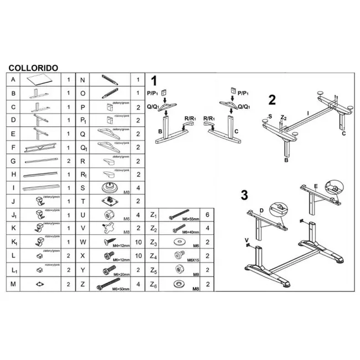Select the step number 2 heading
tap(271, 100)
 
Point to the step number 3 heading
tap(244, 195)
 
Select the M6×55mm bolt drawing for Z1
tap(178, 214)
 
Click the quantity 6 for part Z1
tap(207, 215)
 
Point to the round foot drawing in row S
tap(110, 187)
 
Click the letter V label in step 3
tap(246, 240)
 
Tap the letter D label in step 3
tap(261, 210)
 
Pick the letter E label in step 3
tap(315, 186)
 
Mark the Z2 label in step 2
tap(284, 118)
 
